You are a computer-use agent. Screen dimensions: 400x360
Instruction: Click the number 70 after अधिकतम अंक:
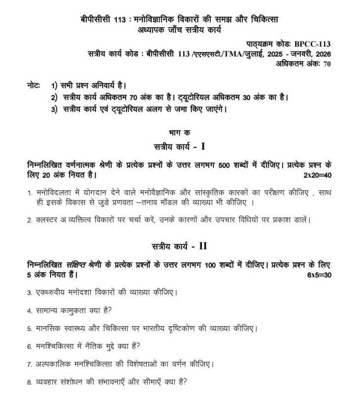tap(327, 63)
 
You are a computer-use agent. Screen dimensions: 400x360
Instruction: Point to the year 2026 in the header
tap(321, 54)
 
